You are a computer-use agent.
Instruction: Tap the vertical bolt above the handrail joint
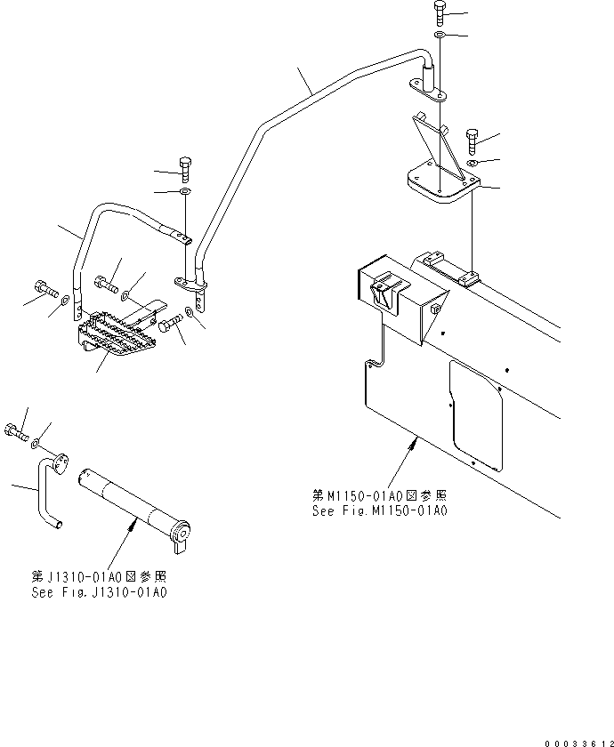[185, 166]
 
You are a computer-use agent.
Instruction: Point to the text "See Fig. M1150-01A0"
[378, 511]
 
